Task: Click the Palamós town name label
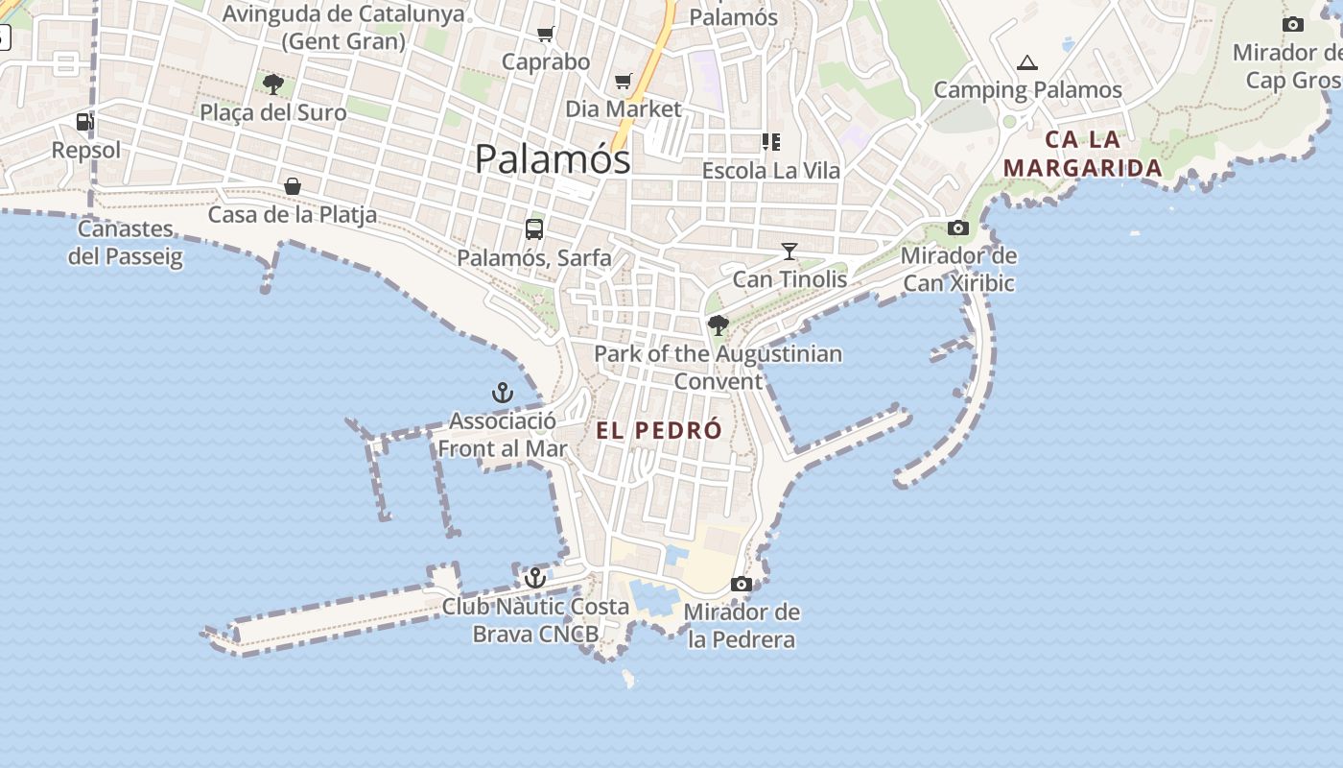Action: click(553, 159)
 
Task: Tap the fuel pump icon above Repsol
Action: click(85, 122)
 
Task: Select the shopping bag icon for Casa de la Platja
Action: click(293, 185)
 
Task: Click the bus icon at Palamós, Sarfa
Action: click(534, 229)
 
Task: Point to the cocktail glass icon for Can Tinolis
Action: click(789, 252)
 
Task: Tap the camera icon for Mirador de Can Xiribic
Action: click(957, 228)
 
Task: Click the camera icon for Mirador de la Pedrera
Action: click(741, 584)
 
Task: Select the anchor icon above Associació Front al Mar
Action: click(503, 393)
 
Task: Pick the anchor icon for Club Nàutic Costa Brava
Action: click(535, 578)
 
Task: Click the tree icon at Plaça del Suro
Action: click(273, 84)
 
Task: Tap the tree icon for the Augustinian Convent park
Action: click(718, 325)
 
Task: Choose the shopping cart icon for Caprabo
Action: click(546, 35)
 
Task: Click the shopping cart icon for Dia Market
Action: click(624, 81)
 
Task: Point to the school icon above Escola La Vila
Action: click(770, 142)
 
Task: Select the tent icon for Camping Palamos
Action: click(1027, 63)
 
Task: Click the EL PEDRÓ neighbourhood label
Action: click(658, 430)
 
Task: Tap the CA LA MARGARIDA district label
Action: click(1083, 154)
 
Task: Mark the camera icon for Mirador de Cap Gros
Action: click(1292, 25)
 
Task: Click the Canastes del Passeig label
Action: click(126, 242)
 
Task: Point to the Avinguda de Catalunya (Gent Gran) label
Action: click(343, 27)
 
